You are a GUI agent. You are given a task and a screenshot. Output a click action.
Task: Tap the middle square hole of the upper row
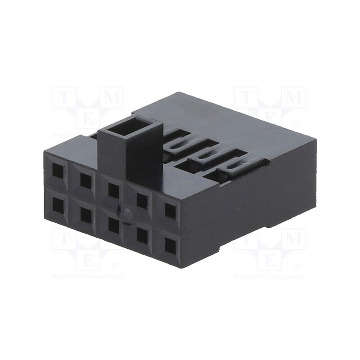[113, 190]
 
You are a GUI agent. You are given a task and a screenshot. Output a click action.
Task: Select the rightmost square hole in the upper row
[170, 211]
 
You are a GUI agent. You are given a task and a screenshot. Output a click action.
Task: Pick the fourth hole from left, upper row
[142, 201]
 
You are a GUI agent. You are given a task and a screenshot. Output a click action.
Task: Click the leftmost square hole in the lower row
[58, 205]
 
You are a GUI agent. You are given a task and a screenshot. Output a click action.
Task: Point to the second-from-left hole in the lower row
[85, 215]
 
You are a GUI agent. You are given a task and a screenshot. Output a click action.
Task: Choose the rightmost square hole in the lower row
[170, 246]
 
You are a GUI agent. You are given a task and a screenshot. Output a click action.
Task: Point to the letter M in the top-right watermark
[293, 97]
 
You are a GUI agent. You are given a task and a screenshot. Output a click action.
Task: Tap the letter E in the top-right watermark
[270, 118]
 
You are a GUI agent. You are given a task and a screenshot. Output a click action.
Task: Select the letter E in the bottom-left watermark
[89, 261]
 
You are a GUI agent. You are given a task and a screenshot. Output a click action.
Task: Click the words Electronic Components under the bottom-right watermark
[270, 277]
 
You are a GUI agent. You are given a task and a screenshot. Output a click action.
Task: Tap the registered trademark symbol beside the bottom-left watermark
[114, 266]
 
